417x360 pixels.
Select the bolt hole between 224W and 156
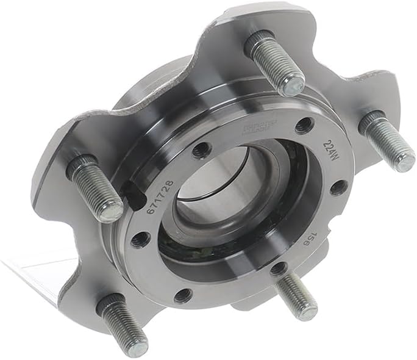pos(339,187)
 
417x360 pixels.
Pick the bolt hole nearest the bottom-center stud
pos(277,268)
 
